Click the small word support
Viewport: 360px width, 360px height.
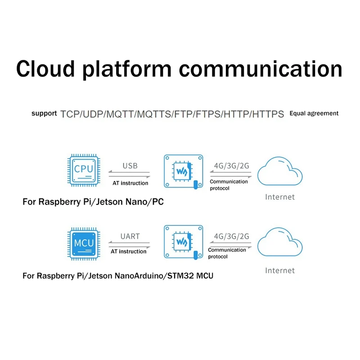tap(44, 113)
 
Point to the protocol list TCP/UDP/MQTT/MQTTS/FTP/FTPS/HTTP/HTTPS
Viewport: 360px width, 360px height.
tap(172, 114)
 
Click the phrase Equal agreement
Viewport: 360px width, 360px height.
tap(314, 113)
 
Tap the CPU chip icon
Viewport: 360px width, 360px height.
tap(84, 170)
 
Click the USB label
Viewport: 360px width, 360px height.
tap(130, 166)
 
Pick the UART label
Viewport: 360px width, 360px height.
tap(130, 236)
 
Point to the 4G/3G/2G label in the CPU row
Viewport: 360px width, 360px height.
tap(232, 166)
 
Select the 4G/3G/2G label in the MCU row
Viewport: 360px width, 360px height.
tap(232, 236)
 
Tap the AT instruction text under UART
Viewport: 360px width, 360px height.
tap(129, 252)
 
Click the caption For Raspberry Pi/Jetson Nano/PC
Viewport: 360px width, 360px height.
tap(93, 202)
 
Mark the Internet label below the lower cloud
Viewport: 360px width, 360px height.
tap(280, 270)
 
